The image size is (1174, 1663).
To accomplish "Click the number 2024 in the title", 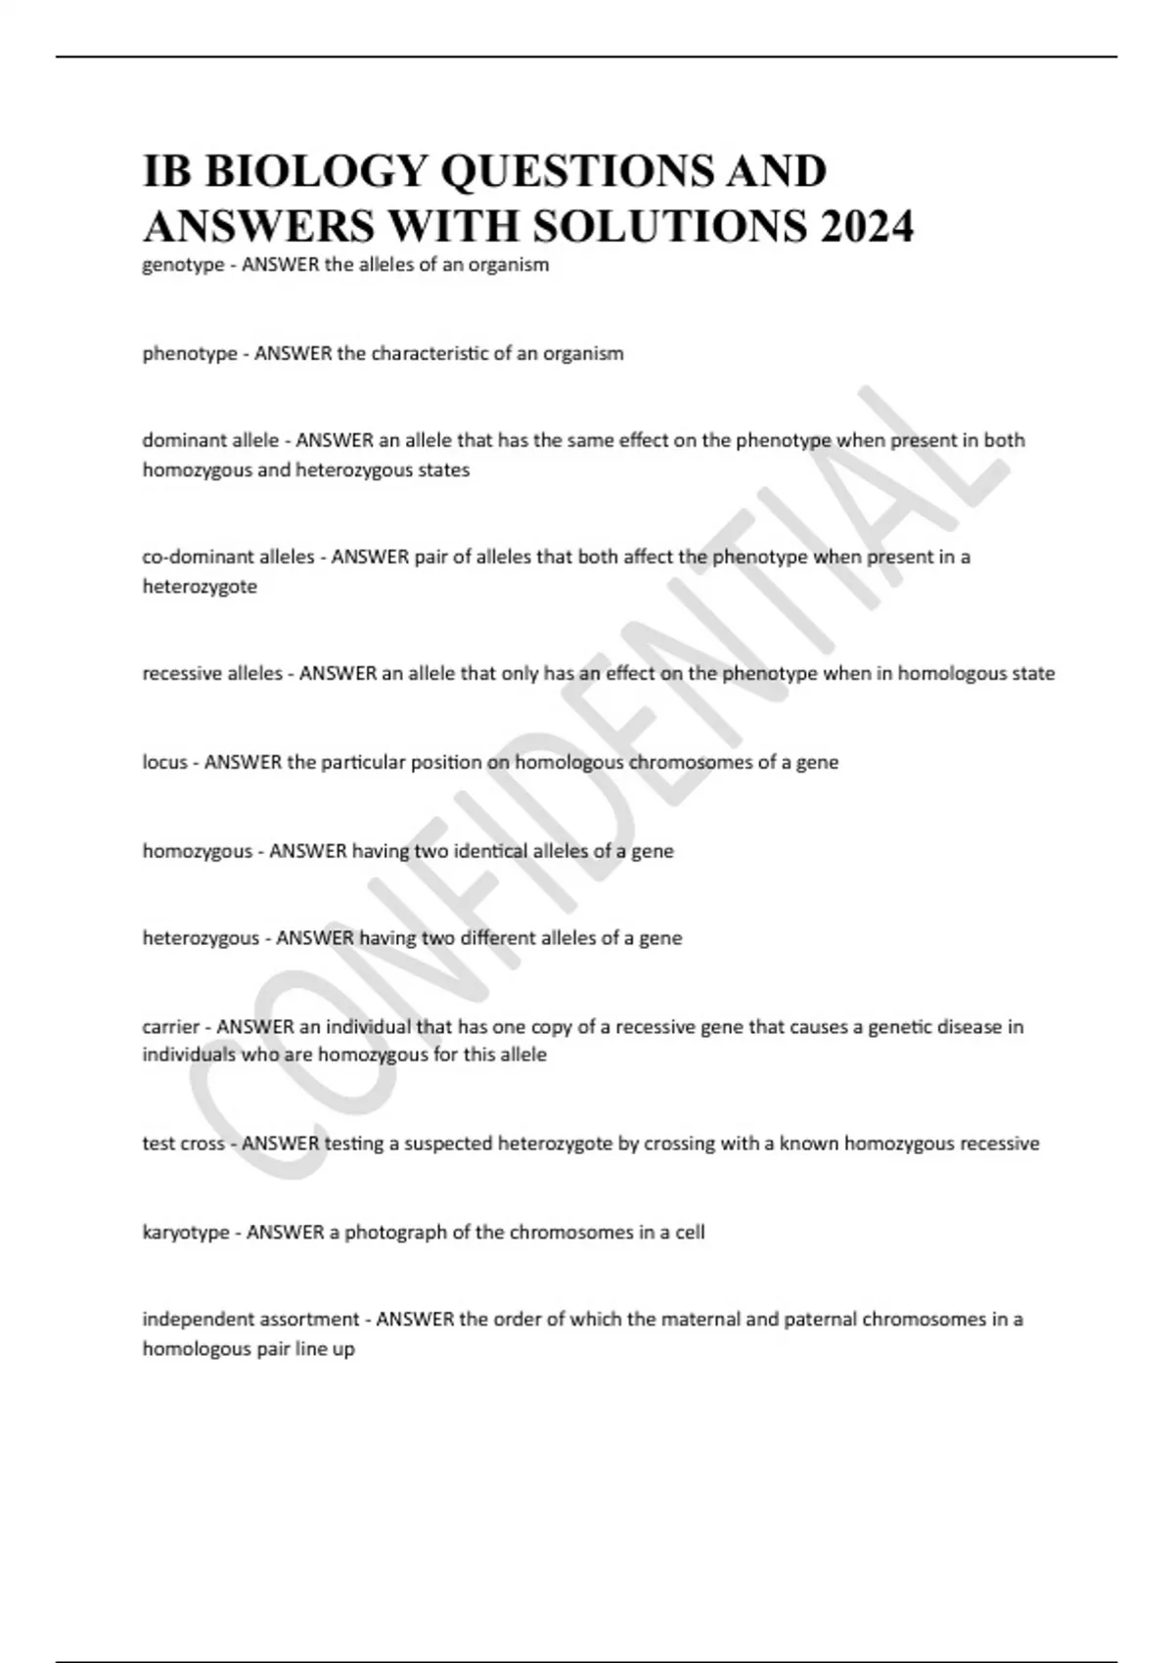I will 868,226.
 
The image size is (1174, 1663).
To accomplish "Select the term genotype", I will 183,265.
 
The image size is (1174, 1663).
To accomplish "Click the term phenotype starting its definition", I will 190,353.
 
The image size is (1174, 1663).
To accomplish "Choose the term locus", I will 164,762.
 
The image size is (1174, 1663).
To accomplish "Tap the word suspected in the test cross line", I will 448,1144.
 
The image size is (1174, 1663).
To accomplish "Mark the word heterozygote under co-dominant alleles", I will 200,587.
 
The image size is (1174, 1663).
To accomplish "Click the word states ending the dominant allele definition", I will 446,470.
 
